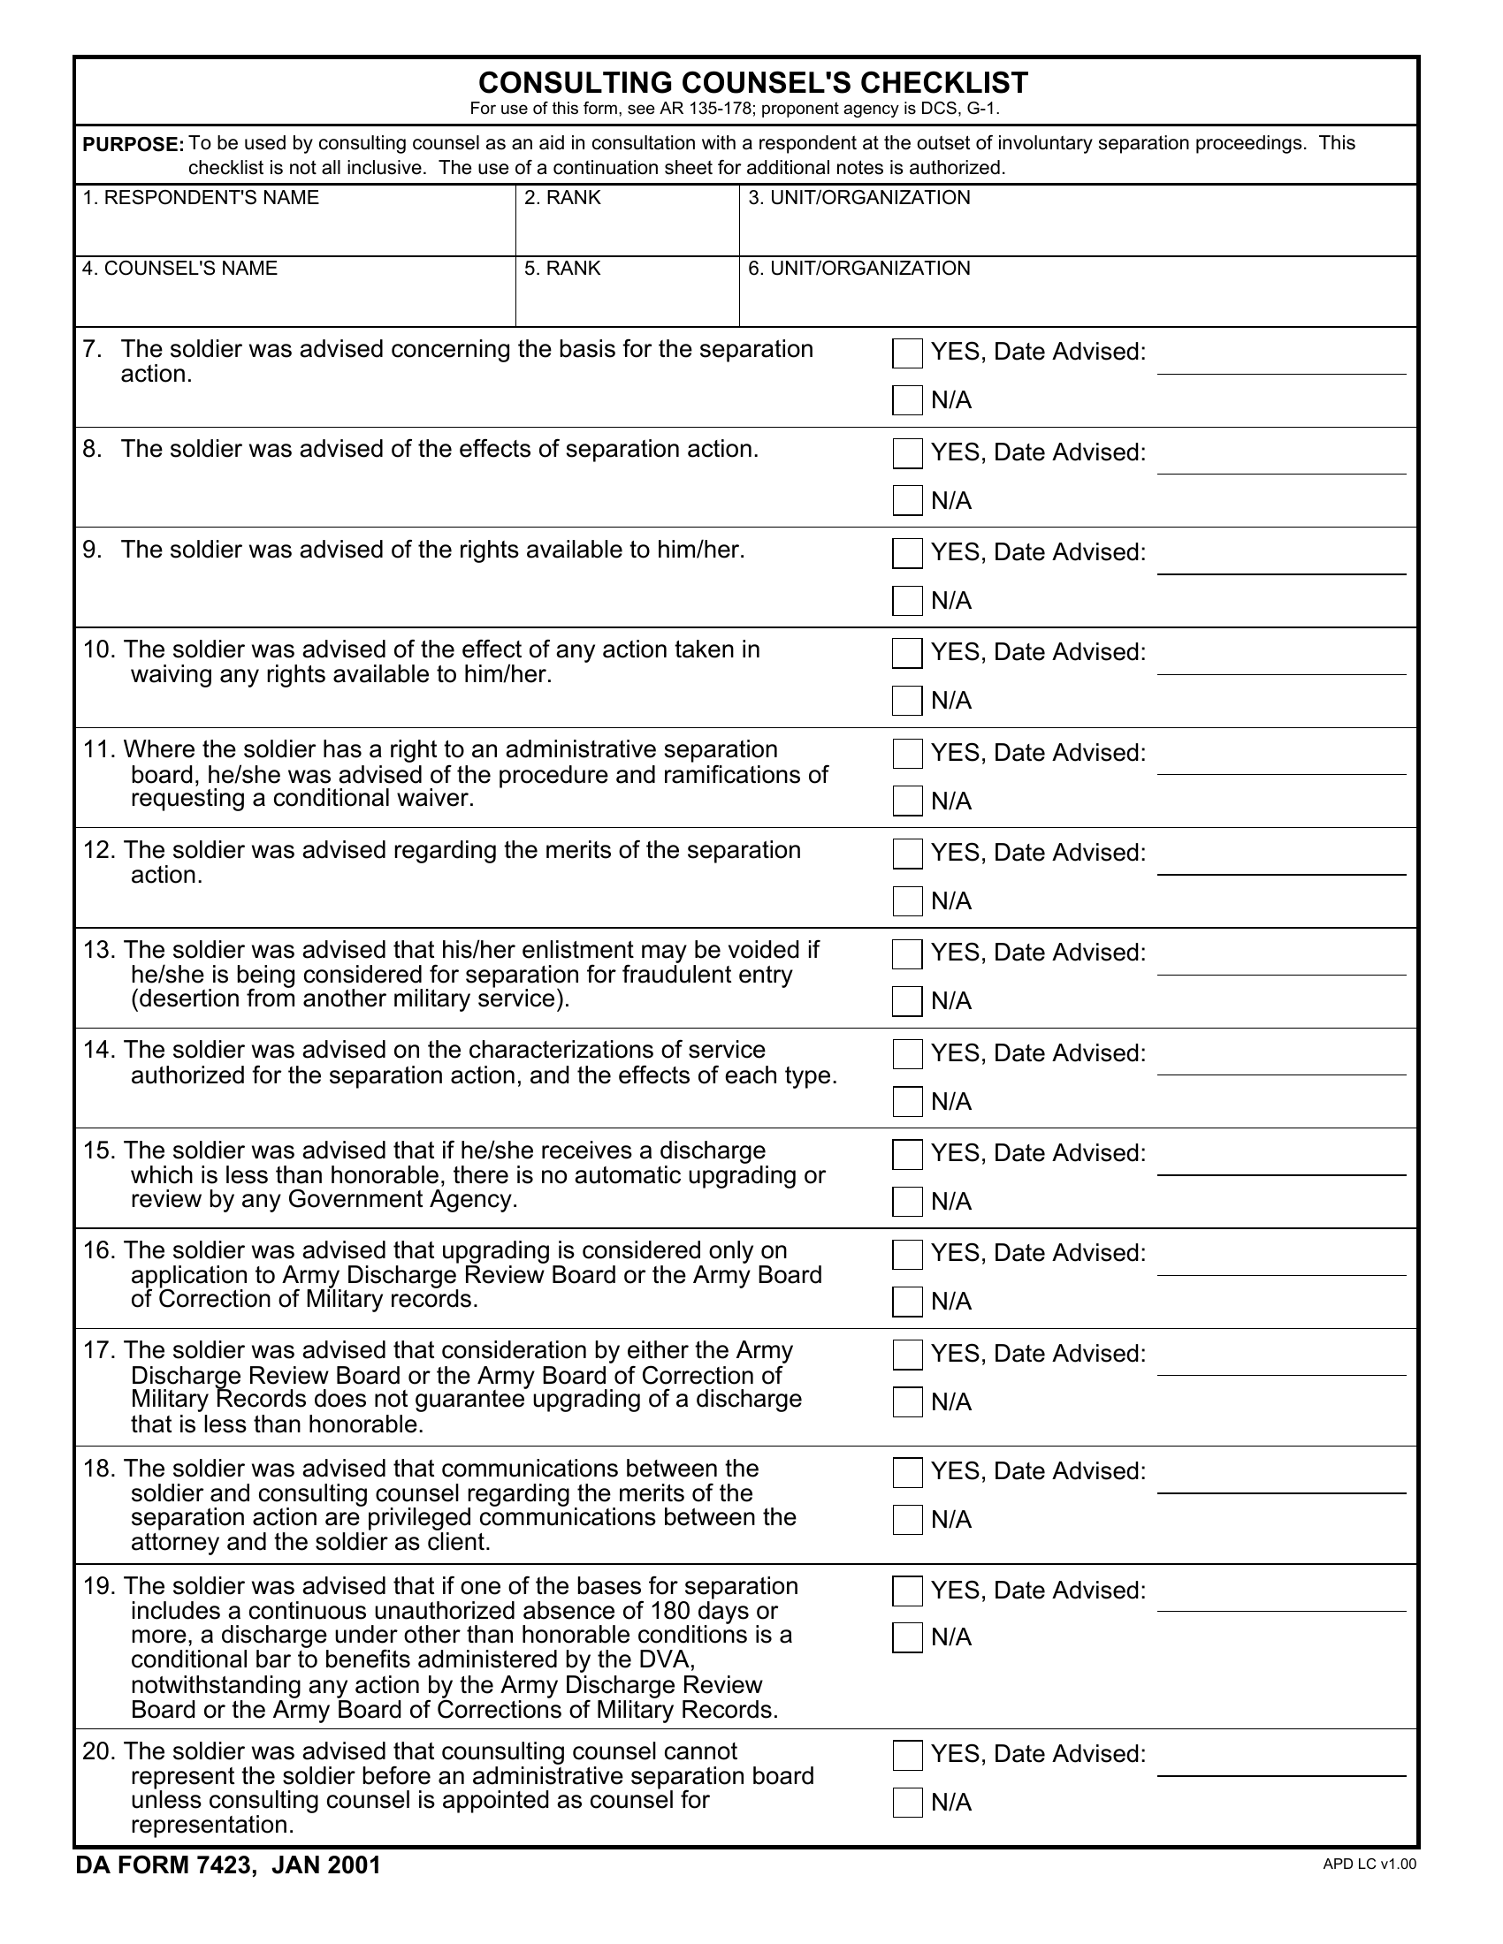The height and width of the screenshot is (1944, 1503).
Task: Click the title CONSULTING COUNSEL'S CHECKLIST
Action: pos(752,83)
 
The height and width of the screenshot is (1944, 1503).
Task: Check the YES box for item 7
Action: pos(907,353)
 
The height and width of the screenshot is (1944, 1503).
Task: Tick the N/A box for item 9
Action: pos(907,601)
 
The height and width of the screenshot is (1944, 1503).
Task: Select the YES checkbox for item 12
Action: pos(907,854)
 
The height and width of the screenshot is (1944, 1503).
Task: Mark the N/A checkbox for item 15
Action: pos(907,1202)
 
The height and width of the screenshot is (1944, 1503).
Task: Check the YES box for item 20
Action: pos(907,1755)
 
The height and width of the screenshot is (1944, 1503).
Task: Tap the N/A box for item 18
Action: pos(907,1520)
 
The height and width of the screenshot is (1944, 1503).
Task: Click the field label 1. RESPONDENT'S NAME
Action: pos(201,198)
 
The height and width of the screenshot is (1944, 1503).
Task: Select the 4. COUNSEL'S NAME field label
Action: pos(179,269)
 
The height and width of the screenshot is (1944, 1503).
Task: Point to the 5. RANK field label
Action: pos(561,269)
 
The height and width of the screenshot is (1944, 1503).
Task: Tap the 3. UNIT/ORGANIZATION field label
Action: pos(859,198)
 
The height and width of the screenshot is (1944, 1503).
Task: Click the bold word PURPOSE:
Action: pos(133,145)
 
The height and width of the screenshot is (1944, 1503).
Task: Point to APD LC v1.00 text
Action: pos(1369,1864)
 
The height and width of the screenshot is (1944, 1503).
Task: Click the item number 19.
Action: pos(98,1587)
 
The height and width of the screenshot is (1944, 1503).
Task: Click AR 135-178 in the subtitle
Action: pos(707,110)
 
